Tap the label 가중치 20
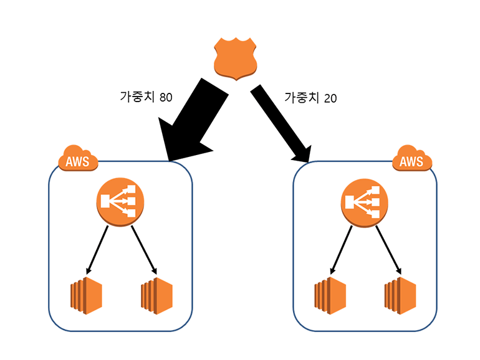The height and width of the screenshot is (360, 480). [310, 97]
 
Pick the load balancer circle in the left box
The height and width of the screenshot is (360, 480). [120, 201]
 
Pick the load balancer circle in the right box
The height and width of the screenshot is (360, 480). [365, 201]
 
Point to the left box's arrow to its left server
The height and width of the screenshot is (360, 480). [98, 249]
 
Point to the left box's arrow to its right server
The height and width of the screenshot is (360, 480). [144, 249]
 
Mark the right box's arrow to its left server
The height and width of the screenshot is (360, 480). [343, 249]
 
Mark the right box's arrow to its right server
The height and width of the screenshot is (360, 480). [388, 249]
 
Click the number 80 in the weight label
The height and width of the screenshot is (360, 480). [166, 97]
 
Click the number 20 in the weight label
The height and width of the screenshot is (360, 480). [331, 97]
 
